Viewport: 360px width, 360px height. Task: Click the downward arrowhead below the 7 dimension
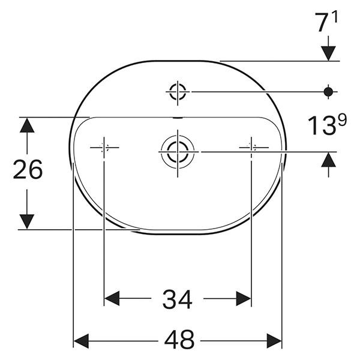328,52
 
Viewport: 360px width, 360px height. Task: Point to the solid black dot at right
328,91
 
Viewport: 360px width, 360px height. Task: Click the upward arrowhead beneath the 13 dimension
328,159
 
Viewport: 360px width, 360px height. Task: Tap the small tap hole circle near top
178,92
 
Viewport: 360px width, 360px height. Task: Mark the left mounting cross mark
104,147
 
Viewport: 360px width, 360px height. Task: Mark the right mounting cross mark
251,147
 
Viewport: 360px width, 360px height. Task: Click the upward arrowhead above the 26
26,125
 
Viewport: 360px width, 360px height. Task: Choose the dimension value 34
178,299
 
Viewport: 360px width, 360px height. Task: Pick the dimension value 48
179,340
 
